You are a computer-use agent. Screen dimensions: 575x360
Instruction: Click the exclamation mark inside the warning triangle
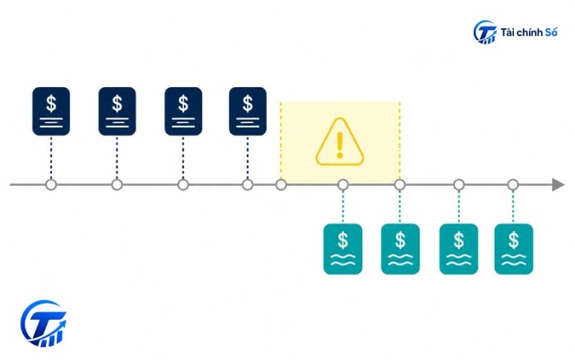coord(339,145)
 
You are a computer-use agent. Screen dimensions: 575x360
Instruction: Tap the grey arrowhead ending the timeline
coord(558,185)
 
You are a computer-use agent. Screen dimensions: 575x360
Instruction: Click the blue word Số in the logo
coord(551,32)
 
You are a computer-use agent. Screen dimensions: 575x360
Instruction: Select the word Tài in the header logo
coord(508,32)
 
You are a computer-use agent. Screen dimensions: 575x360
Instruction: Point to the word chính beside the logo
coord(530,32)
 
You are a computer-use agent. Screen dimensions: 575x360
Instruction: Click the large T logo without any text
coord(44,323)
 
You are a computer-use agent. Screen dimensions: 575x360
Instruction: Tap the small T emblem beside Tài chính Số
coord(485,32)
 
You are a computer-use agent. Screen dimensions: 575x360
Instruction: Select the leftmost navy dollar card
coord(51,111)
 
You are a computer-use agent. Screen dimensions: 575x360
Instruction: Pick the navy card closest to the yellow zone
coord(247,111)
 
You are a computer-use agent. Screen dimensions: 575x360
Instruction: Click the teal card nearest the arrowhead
coord(513,249)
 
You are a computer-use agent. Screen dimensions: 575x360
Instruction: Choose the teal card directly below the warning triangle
coord(343,249)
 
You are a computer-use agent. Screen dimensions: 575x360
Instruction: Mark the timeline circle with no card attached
coord(281,185)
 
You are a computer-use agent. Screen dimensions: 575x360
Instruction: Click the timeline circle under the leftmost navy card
coord(51,185)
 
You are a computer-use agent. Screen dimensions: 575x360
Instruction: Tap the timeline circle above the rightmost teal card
coord(513,185)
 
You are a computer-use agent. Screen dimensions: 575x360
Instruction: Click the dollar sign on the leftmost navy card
coord(51,103)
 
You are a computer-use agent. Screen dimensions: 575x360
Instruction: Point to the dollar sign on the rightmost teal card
coord(513,240)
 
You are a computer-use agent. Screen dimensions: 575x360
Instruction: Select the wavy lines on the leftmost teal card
coord(343,260)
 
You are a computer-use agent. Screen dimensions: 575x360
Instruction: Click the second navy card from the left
coord(117,111)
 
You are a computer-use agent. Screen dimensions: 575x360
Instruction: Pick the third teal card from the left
coord(458,249)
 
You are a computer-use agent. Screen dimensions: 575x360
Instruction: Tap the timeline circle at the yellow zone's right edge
coord(400,185)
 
